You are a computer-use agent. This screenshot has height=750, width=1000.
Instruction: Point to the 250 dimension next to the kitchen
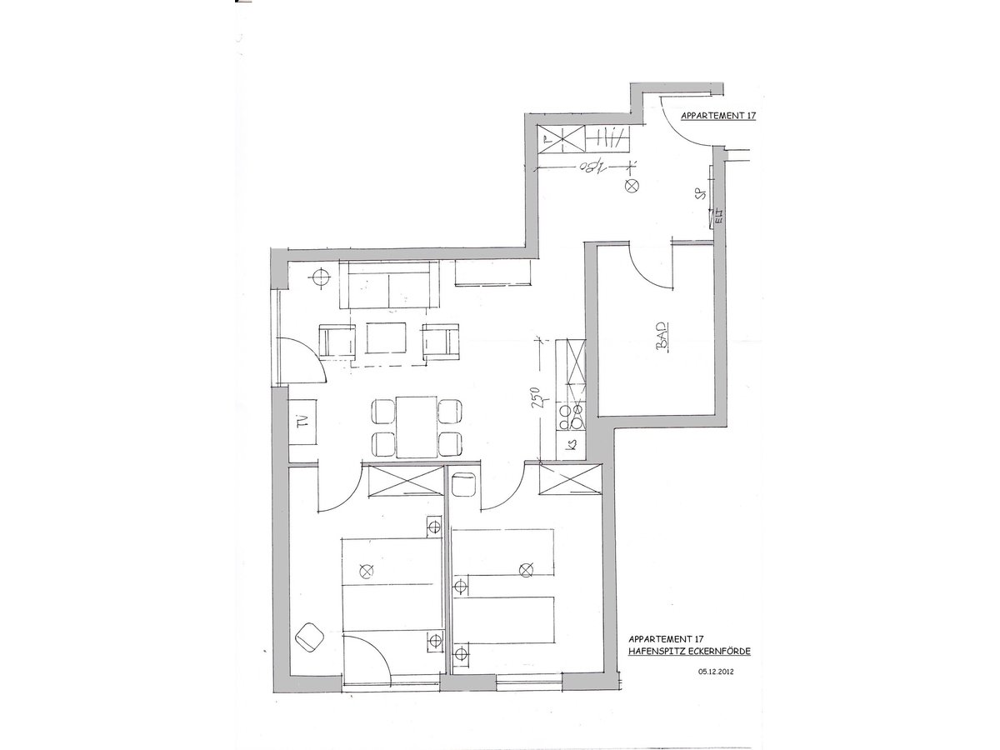coord(540,399)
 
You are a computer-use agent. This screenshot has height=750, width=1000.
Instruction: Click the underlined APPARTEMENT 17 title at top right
coord(717,117)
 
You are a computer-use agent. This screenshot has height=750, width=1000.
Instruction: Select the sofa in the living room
coord(390,285)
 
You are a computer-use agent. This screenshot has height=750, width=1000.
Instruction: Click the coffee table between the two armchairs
coord(385,340)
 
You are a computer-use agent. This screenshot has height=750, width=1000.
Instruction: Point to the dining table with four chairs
coord(417,427)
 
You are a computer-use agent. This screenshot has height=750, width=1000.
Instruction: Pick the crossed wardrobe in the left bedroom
coord(405,482)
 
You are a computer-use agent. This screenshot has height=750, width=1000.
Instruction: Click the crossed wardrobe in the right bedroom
coord(568,482)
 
